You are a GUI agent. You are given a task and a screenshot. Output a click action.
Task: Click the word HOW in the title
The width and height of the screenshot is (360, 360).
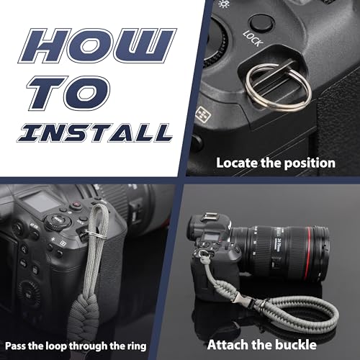pyautogui.click(x=97, y=45)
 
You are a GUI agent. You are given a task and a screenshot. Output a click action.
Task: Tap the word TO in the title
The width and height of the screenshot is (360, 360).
pyautogui.click(x=69, y=93)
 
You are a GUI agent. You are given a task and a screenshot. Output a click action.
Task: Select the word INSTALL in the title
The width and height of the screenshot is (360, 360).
pyautogui.click(x=95, y=132)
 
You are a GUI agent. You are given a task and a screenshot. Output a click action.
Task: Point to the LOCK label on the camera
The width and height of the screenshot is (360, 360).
pyautogui.click(x=252, y=38)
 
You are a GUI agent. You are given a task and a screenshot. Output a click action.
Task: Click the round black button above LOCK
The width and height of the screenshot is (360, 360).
pyautogui.click(x=261, y=23)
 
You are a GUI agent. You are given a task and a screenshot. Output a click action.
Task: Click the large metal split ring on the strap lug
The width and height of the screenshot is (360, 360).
pyautogui.click(x=278, y=87)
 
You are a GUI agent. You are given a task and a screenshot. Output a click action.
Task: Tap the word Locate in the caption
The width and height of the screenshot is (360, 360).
pyautogui.click(x=237, y=163)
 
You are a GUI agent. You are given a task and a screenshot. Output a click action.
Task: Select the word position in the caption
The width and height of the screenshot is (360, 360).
pyautogui.click(x=310, y=163)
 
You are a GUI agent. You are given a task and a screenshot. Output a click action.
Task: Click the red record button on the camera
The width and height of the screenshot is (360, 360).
pyautogui.click(x=76, y=204)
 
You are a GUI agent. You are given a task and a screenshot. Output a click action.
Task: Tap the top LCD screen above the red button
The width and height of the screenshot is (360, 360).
pyautogui.click(x=40, y=201)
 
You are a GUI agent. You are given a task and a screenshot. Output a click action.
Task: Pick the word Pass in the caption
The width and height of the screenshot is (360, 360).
pyautogui.click(x=15, y=346)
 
